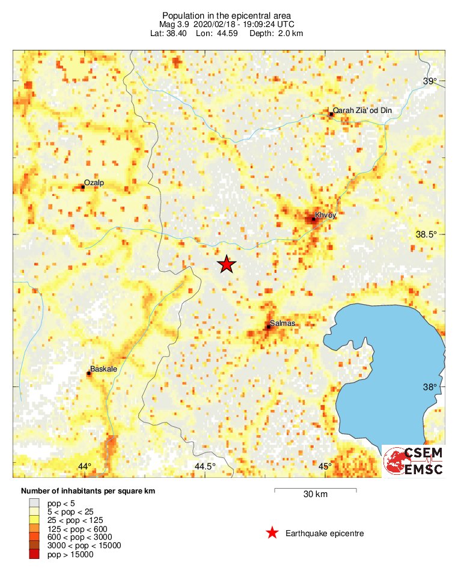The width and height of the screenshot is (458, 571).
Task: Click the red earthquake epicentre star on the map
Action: pyautogui.click(x=226, y=264)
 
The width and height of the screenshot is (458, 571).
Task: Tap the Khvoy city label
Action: pyautogui.click(x=324, y=215)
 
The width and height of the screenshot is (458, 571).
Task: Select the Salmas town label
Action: pyautogui.click(x=281, y=323)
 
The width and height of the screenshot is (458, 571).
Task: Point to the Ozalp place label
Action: pyautogui.click(x=94, y=182)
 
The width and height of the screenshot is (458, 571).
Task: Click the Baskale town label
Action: pyautogui.click(x=103, y=369)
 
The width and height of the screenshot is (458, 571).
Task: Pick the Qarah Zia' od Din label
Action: pyautogui.click(x=360, y=111)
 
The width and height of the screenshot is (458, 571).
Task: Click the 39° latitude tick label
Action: pyautogui.click(x=429, y=82)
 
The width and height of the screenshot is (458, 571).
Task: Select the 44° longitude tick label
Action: pyautogui.click(x=84, y=466)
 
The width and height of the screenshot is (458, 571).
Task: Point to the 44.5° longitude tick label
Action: pyautogui.click(x=204, y=466)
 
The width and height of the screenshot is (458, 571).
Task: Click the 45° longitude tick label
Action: pyautogui.click(x=325, y=466)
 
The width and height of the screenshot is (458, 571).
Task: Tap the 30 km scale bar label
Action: pyautogui.click(x=315, y=495)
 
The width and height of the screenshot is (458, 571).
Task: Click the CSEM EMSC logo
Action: pyautogui.click(x=413, y=461)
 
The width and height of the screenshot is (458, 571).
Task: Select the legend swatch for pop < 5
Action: pyautogui.click(x=34, y=503)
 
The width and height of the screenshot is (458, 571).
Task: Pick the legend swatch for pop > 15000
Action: pyautogui.click(x=34, y=554)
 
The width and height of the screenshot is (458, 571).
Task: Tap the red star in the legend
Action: pyautogui.click(x=272, y=533)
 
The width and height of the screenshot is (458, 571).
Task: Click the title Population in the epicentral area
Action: pyautogui.click(x=226, y=16)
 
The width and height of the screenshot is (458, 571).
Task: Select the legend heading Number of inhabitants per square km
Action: pyautogui.click(x=88, y=491)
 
